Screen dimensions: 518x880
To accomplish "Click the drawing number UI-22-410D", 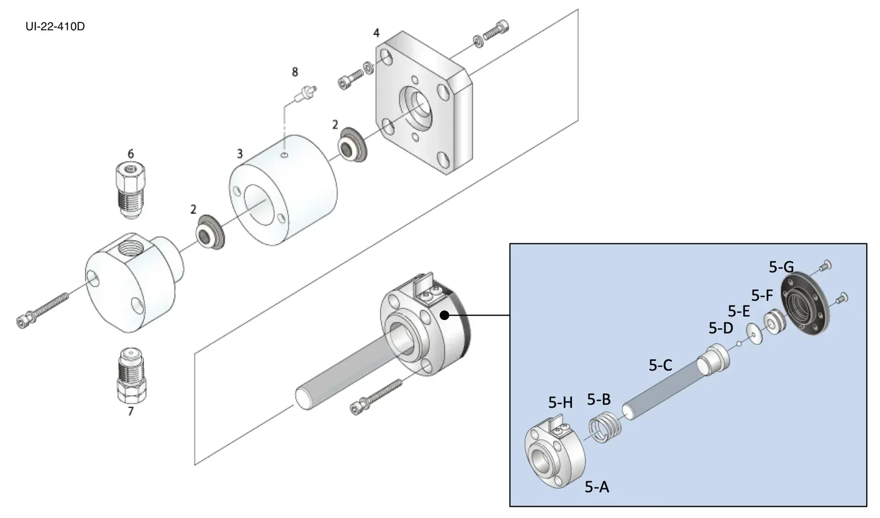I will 55,27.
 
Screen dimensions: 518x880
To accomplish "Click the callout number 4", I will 376,33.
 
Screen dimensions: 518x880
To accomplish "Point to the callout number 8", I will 295,72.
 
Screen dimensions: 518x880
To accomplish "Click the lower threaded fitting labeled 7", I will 131,375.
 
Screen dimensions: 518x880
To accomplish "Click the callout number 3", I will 240,154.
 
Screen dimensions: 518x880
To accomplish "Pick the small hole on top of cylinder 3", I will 285,155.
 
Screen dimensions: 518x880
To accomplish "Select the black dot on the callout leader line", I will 444,315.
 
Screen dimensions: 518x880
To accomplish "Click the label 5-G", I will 781,267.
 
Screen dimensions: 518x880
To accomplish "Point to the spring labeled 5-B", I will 605,427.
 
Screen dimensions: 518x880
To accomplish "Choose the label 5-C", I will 660,365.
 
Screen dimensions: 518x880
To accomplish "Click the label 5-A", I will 597,487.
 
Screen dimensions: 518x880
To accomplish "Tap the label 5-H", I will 560,402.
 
